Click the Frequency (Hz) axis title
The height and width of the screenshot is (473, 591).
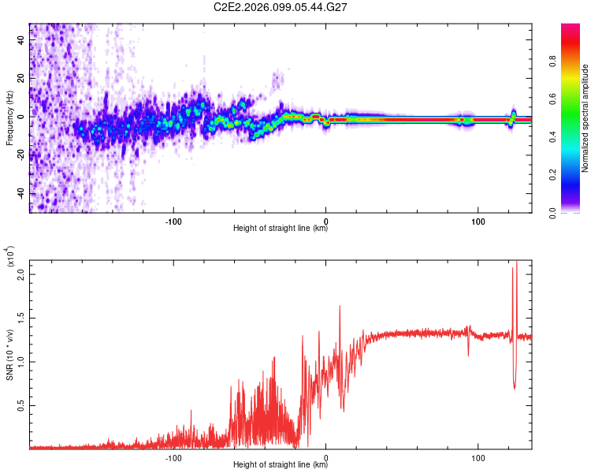click(x=9, y=117)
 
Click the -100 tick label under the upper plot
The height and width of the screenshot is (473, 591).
click(x=173, y=220)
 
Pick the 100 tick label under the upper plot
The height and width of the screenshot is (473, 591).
click(x=478, y=220)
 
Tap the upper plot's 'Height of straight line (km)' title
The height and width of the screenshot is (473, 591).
click(x=281, y=229)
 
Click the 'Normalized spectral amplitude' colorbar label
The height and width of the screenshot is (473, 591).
click(x=585, y=118)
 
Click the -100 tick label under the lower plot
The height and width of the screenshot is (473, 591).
click(x=173, y=456)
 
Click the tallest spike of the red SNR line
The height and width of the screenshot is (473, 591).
click(x=517, y=263)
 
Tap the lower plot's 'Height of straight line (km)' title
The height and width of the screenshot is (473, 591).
click(x=281, y=465)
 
